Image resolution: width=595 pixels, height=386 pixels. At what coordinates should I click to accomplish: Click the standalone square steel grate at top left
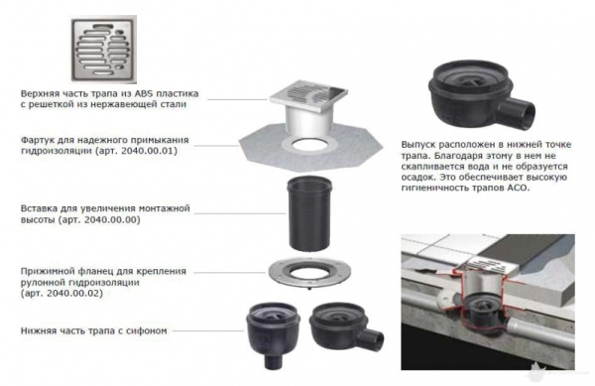(x=104, y=49)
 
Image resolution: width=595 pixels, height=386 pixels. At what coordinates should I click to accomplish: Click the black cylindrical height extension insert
(x=309, y=214)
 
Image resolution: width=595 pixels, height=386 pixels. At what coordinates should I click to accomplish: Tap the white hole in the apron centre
(x=310, y=144)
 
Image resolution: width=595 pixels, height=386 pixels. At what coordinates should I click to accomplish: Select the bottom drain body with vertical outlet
(x=273, y=334)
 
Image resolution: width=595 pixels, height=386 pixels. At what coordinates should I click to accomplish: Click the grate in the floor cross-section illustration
(x=490, y=265)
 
